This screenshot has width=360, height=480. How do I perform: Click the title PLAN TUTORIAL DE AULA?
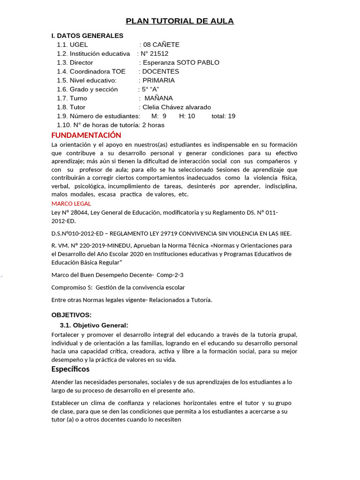[180, 21]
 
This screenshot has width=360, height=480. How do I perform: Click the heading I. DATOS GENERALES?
[87, 36]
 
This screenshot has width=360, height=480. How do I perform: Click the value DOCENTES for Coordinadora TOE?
[160, 71]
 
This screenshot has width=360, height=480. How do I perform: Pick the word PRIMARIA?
[158, 80]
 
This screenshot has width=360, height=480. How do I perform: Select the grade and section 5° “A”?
[151, 89]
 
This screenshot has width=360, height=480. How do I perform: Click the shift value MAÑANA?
[158, 98]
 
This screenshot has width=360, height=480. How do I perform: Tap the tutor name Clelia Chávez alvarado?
[177, 107]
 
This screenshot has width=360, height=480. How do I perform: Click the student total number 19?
[231, 116]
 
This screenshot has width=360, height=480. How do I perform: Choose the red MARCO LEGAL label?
[71, 203]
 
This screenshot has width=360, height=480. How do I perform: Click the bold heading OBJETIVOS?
[71, 315]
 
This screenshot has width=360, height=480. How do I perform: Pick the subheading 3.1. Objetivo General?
[94, 325]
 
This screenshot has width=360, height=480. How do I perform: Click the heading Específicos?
[70, 369]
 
